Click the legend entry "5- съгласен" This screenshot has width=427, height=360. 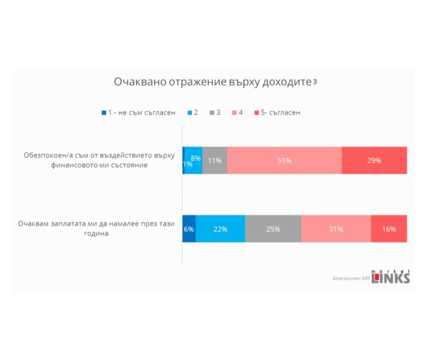click(277, 112)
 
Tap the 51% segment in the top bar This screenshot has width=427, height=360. click(284, 160)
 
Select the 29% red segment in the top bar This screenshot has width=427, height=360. click(374, 160)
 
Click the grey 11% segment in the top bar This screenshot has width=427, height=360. click(215, 160)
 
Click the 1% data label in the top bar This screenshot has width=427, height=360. click(187, 164)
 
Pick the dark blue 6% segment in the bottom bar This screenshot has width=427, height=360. click(189, 228)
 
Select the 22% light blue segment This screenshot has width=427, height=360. click(220, 228)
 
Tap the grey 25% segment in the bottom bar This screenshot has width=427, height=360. click(273, 228)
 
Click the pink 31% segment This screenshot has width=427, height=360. click(336, 228)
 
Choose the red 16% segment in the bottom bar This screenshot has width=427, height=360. click(389, 228)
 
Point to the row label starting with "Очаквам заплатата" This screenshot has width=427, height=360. click(96, 228)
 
